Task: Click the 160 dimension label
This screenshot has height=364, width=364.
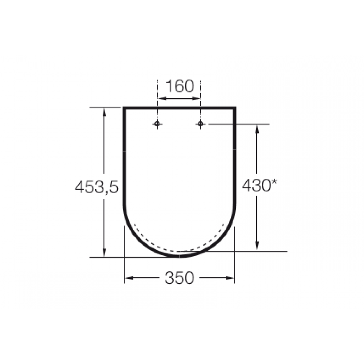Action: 180,86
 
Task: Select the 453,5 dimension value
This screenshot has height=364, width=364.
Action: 97,187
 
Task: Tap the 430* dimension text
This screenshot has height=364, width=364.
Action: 259,185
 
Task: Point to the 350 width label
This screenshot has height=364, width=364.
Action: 179,278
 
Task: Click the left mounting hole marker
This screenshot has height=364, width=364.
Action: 157,124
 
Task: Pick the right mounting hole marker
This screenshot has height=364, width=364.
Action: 201,124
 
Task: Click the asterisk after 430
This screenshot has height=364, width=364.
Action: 274,182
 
